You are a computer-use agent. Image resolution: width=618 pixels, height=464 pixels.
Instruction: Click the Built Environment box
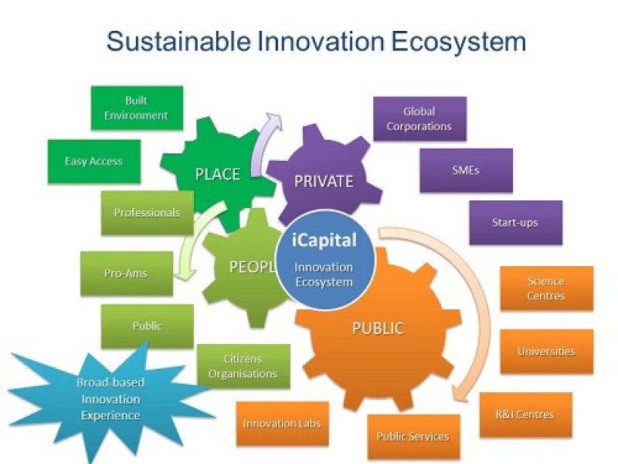(x=137, y=108)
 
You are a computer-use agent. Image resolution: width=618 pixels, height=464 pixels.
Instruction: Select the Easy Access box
(x=94, y=162)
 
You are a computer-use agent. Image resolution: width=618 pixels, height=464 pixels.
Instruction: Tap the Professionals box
(x=148, y=213)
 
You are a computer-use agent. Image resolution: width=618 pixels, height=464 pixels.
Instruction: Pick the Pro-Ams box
(x=127, y=274)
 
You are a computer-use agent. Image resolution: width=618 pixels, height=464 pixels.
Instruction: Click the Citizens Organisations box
(x=243, y=367)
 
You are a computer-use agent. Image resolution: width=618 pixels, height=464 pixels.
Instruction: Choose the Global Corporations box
(x=419, y=119)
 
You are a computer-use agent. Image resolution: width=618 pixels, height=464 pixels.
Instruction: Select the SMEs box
(x=467, y=170)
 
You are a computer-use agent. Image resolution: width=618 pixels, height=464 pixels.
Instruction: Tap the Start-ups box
(x=516, y=223)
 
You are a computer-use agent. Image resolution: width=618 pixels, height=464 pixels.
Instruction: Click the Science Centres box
(x=547, y=288)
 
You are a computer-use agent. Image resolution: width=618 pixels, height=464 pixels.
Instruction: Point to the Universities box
(x=547, y=352)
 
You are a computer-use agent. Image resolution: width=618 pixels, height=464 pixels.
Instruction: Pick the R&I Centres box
(x=526, y=415)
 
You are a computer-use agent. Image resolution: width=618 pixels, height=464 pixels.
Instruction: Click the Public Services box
(x=413, y=437)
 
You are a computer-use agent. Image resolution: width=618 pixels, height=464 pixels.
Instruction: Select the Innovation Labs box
(x=282, y=424)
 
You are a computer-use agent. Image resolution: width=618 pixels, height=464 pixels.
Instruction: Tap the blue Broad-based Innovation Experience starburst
(x=110, y=398)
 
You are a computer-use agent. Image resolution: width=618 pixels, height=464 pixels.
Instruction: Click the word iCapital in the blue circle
(x=324, y=240)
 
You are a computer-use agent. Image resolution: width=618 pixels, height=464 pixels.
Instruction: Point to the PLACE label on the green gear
(x=218, y=174)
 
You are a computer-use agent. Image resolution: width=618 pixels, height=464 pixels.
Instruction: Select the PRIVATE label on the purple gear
(x=324, y=181)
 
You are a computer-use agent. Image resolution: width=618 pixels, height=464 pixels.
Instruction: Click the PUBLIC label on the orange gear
(x=378, y=328)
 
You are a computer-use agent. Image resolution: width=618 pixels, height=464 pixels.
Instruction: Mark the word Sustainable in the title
(x=178, y=41)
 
